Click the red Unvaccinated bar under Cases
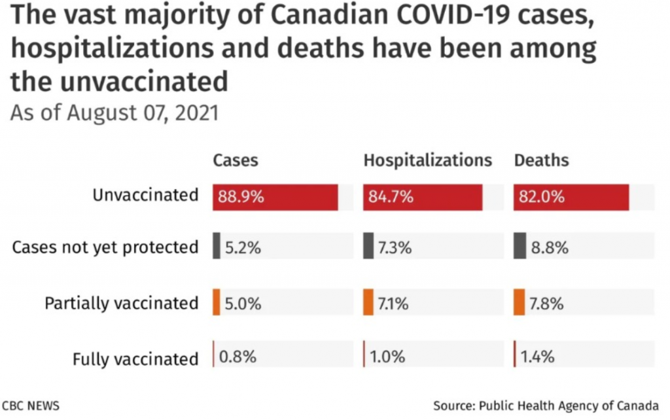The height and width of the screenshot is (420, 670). [x=275, y=197]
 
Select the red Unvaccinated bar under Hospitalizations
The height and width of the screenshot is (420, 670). [x=423, y=197]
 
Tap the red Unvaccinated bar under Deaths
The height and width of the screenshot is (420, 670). [x=571, y=197]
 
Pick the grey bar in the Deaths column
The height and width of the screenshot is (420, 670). [x=520, y=246]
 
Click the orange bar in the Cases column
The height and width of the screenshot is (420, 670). [x=217, y=302]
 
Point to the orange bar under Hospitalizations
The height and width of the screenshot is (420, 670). [x=368, y=302]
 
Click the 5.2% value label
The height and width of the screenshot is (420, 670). [x=243, y=248]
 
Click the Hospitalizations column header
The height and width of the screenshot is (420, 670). [x=427, y=160]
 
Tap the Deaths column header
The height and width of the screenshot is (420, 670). [x=541, y=160]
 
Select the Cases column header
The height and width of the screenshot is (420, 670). [x=236, y=160]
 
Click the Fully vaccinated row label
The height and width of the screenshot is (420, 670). [x=135, y=359]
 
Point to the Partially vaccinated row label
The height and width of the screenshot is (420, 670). [x=121, y=304]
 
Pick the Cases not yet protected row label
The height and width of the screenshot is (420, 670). [x=105, y=247]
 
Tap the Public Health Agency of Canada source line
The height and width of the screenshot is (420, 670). [x=546, y=405]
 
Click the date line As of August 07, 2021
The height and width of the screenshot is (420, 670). [x=114, y=113]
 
